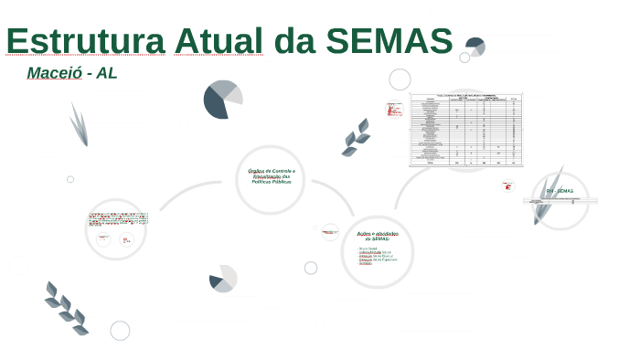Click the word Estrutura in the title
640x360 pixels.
point(85,41)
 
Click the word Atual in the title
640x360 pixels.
point(214,41)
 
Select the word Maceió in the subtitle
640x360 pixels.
point(54,73)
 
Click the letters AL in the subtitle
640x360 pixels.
point(107,73)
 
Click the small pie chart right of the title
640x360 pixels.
point(475,46)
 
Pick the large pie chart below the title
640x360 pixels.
point(222,100)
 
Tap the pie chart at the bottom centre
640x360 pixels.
point(222,279)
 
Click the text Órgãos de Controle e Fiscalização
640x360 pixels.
point(270,176)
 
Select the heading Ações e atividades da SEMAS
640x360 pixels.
point(377,236)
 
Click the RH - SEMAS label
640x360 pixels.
point(560,191)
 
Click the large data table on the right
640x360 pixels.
point(466,129)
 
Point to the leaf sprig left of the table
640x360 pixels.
point(356,137)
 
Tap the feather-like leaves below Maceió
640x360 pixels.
point(79,124)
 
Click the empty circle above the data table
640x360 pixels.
point(400,79)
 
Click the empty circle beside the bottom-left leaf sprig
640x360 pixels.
point(120,331)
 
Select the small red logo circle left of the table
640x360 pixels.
point(394,109)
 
